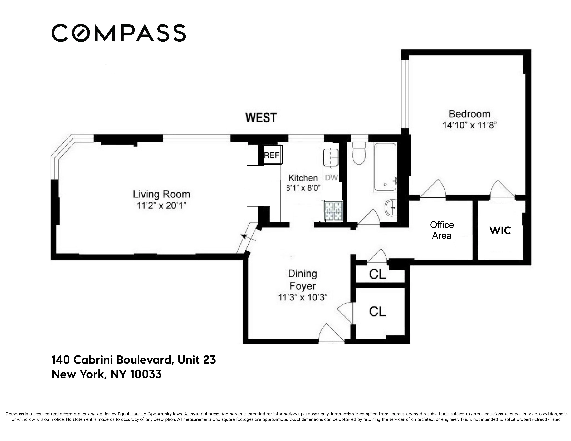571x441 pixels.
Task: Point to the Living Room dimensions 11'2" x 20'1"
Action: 161,206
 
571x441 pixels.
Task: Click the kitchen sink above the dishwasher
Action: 331,157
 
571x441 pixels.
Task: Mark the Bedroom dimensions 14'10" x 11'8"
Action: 469,125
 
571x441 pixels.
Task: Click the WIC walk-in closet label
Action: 500,230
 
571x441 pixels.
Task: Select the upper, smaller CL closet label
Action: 377,274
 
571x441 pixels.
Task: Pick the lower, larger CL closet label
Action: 377,311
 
